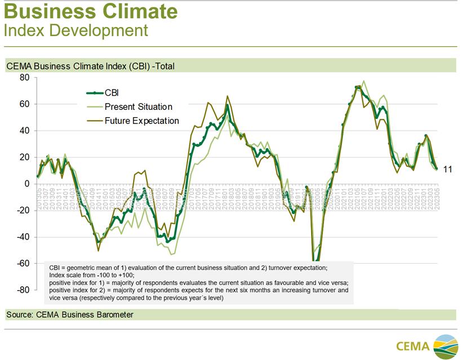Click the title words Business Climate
coord(91,11)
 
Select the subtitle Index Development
coord(75,30)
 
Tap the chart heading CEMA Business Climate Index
coord(90,66)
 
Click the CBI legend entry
coord(112,93)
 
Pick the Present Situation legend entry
coord(138,106)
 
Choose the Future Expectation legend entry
coord(141,120)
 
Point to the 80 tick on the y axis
coord(24,77)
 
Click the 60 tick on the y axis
coord(24,104)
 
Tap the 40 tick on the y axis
coord(24,130)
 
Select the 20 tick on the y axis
coord(24,157)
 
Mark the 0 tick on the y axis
coord(26,184)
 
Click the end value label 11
coord(449,169)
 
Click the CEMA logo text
coord(412,345)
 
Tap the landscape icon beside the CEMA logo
coord(445,345)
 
